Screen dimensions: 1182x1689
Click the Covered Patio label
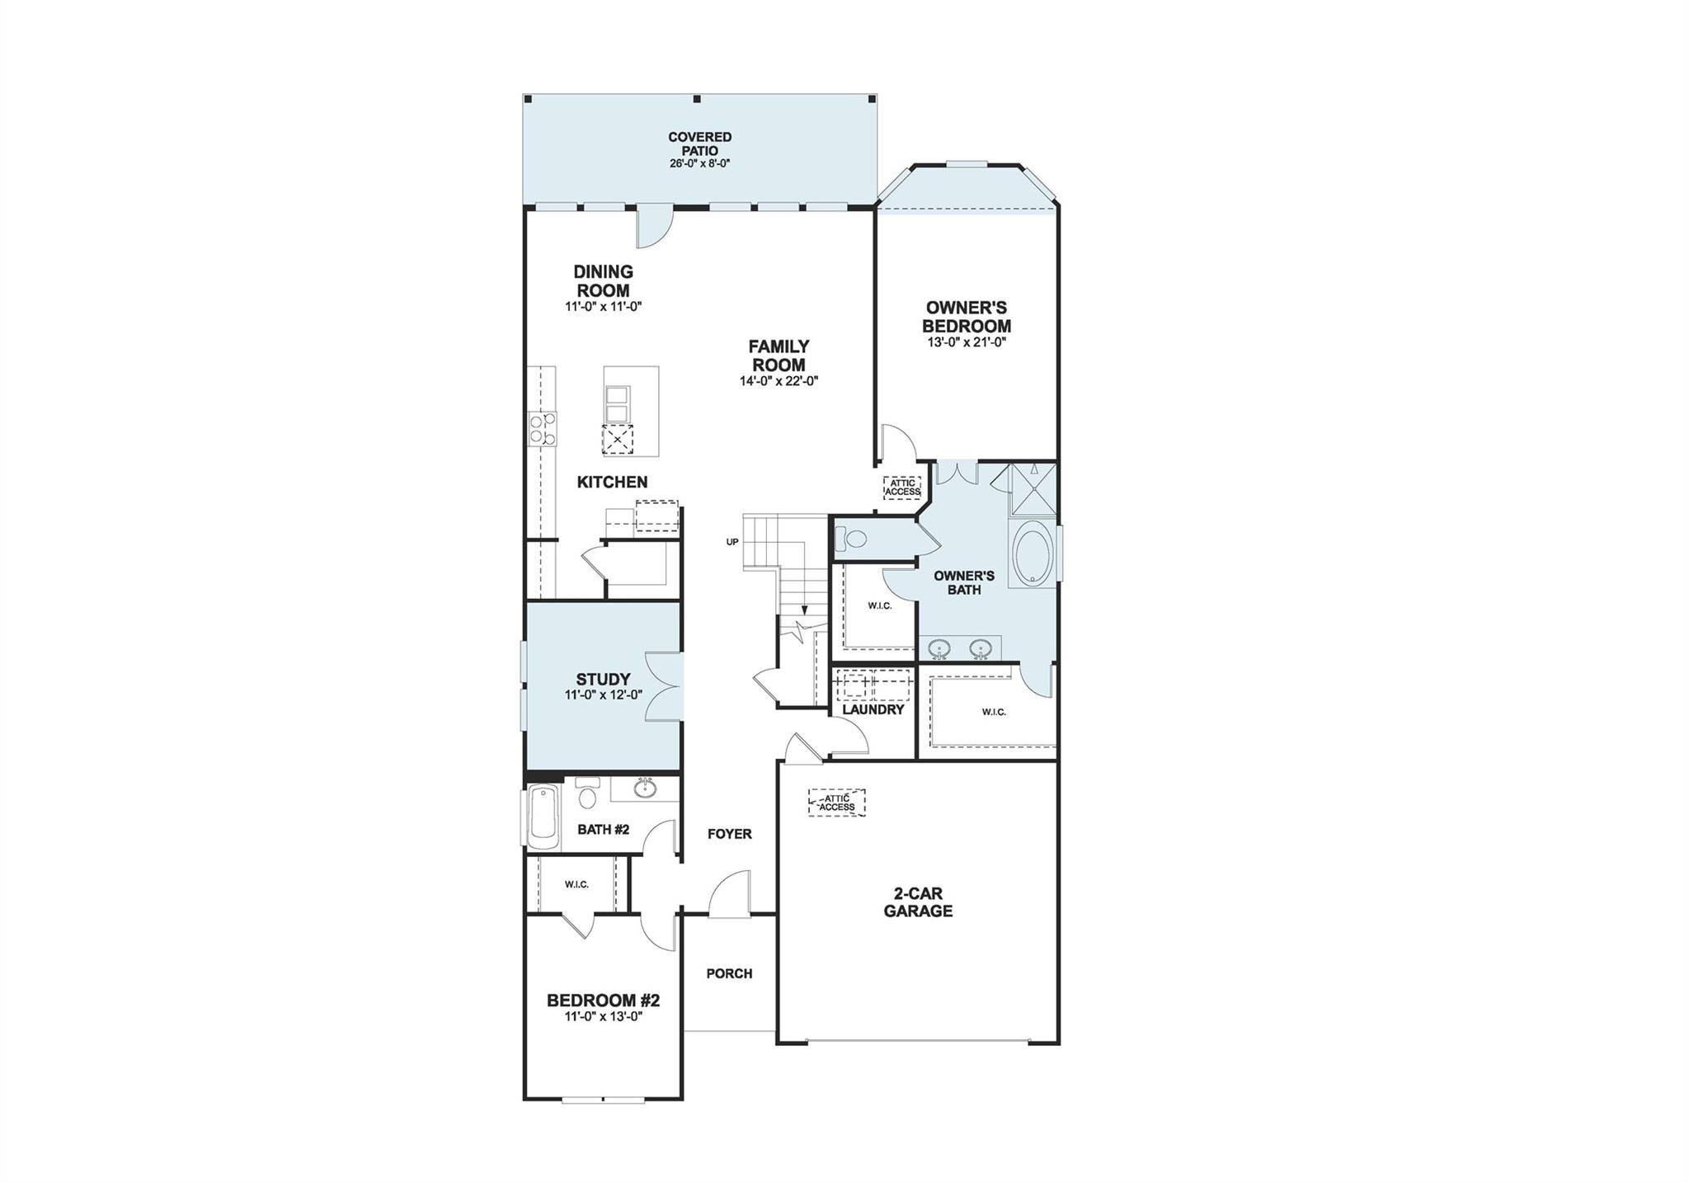[x=699, y=144]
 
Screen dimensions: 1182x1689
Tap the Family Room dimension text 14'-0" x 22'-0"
[x=779, y=381]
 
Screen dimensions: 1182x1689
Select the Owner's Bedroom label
[x=967, y=317]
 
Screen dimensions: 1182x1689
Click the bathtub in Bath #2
[x=543, y=817]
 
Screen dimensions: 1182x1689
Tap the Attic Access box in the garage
[x=837, y=803]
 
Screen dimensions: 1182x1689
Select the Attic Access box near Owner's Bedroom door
[x=902, y=487]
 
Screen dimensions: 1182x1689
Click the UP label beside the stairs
[x=732, y=542]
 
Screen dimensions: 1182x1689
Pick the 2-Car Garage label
[x=918, y=902]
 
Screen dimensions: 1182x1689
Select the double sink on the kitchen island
[x=618, y=406]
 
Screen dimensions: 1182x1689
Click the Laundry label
[x=873, y=709]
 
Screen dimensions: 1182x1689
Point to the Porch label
[x=729, y=973]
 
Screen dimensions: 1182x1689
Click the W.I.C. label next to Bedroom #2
[x=576, y=884]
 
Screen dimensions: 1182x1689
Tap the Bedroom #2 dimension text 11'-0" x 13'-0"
[x=603, y=1016]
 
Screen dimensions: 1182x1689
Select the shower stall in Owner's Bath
[x=1032, y=490]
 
